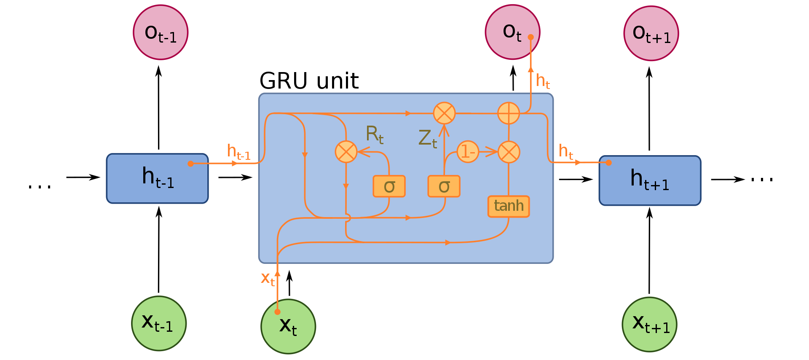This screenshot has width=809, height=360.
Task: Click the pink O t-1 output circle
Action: (x=161, y=32)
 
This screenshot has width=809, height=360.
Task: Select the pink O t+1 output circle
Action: (x=651, y=33)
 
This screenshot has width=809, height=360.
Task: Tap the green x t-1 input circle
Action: (x=159, y=323)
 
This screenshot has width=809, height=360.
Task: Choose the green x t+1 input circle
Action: (x=649, y=324)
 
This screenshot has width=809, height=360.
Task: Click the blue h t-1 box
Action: (x=157, y=178)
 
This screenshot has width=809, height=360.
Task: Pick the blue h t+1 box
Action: (x=650, y=180)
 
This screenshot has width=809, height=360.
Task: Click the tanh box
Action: (x=509, y=207)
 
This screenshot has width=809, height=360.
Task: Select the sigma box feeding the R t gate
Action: (x=389, y=186)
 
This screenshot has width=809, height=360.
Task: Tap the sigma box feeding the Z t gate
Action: (x=444, y=186)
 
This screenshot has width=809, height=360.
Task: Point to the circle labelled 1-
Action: (x=468, y=152)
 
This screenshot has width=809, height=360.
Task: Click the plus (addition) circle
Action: (x=509, y=113)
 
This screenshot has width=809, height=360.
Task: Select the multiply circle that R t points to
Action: (x=346, y=152)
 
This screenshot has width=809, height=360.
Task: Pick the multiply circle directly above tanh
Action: (x=509, y=152)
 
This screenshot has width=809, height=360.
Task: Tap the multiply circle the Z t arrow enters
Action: (x=445, y=113)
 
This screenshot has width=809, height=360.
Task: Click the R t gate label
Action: (x=374, y=134)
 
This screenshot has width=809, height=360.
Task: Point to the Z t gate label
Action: (x=427, y=139)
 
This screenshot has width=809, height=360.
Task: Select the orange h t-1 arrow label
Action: (x=238, y=152)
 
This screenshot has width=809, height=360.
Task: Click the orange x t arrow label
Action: (x=268, y=279)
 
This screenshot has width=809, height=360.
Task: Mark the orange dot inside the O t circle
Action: (x=531, y=37)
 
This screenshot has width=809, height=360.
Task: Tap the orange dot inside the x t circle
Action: (x=277, y=312)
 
